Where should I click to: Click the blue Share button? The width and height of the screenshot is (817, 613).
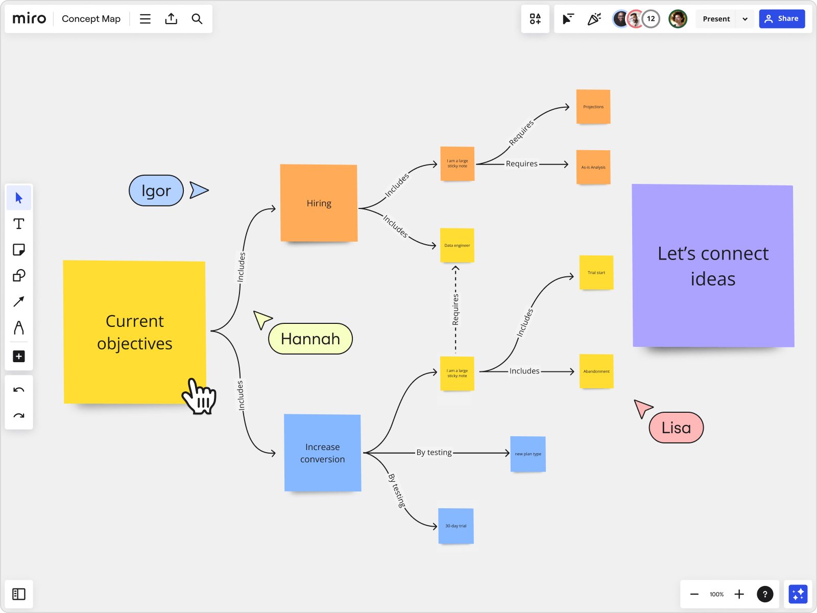[x=781, y=19]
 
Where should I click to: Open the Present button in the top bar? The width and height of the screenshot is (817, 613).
[x=716, y=19]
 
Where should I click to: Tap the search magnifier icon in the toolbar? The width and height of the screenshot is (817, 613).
[x=197, y=19]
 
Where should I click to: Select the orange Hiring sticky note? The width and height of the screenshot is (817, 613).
[x=319, y=203]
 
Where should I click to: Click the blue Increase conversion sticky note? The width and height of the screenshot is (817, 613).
[x=322, y=453]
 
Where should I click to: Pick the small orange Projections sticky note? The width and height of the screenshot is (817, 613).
[x=593, y=107]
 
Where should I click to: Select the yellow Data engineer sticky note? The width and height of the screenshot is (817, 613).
[x=457, y=245]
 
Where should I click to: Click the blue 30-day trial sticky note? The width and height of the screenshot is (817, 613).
[x=455, y=526]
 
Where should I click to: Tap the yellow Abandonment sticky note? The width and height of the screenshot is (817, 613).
[x=596, y=371]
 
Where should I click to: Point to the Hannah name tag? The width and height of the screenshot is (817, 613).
[x=310, y=339]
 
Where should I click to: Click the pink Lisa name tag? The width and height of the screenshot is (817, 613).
[x=676, y=428]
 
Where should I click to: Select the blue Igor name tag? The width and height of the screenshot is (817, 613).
[x=156, y=191]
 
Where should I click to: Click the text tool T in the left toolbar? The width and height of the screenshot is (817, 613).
[x=19, y=224]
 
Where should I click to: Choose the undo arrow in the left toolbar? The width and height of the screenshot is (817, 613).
[x=19, y=390]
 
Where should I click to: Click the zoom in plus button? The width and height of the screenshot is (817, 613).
[x=739, y=594]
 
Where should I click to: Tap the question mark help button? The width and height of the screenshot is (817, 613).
[x=764, y=594]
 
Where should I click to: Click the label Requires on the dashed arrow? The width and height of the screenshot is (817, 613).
[x=455, y=310]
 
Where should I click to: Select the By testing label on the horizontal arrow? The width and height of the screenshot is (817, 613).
[x=434, y=453]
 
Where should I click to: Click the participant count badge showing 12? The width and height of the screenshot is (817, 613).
[x=651, y=19]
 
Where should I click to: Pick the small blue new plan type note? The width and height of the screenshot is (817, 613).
[x=527, y=454]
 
